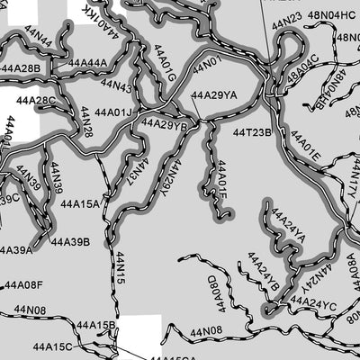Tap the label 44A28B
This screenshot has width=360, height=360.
[x=21, y=68]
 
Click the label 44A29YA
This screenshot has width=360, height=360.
[x=214, y=94]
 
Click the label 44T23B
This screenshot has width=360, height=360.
[x=252, y=132]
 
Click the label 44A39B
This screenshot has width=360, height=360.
[x=70, y=241]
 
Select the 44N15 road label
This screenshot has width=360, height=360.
[x=121, y=268]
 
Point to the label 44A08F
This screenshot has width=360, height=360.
[x=23, y=285]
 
